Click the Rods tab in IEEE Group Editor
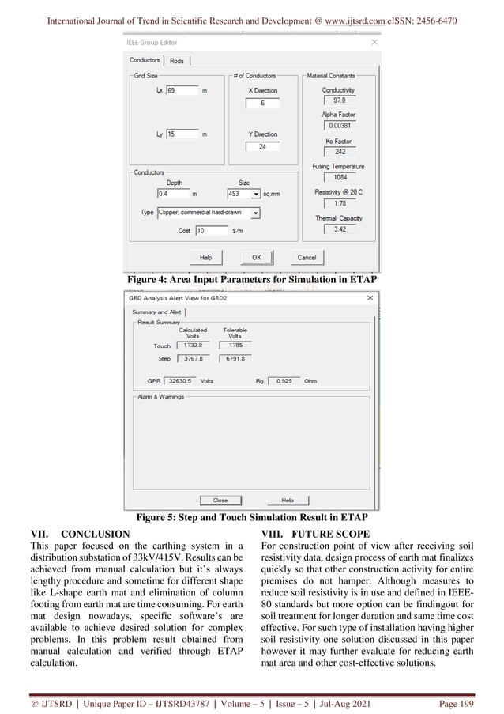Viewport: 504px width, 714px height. coord(178,60)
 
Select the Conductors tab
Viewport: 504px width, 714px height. coord(145,60)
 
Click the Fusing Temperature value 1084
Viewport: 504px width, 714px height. coord(340,178)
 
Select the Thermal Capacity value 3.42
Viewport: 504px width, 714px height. coord(340,229)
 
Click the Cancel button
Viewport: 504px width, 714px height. coord(306,258)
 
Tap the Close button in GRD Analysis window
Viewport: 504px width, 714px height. coord(220,500)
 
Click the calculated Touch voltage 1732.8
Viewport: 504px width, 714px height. coord(192,346)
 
